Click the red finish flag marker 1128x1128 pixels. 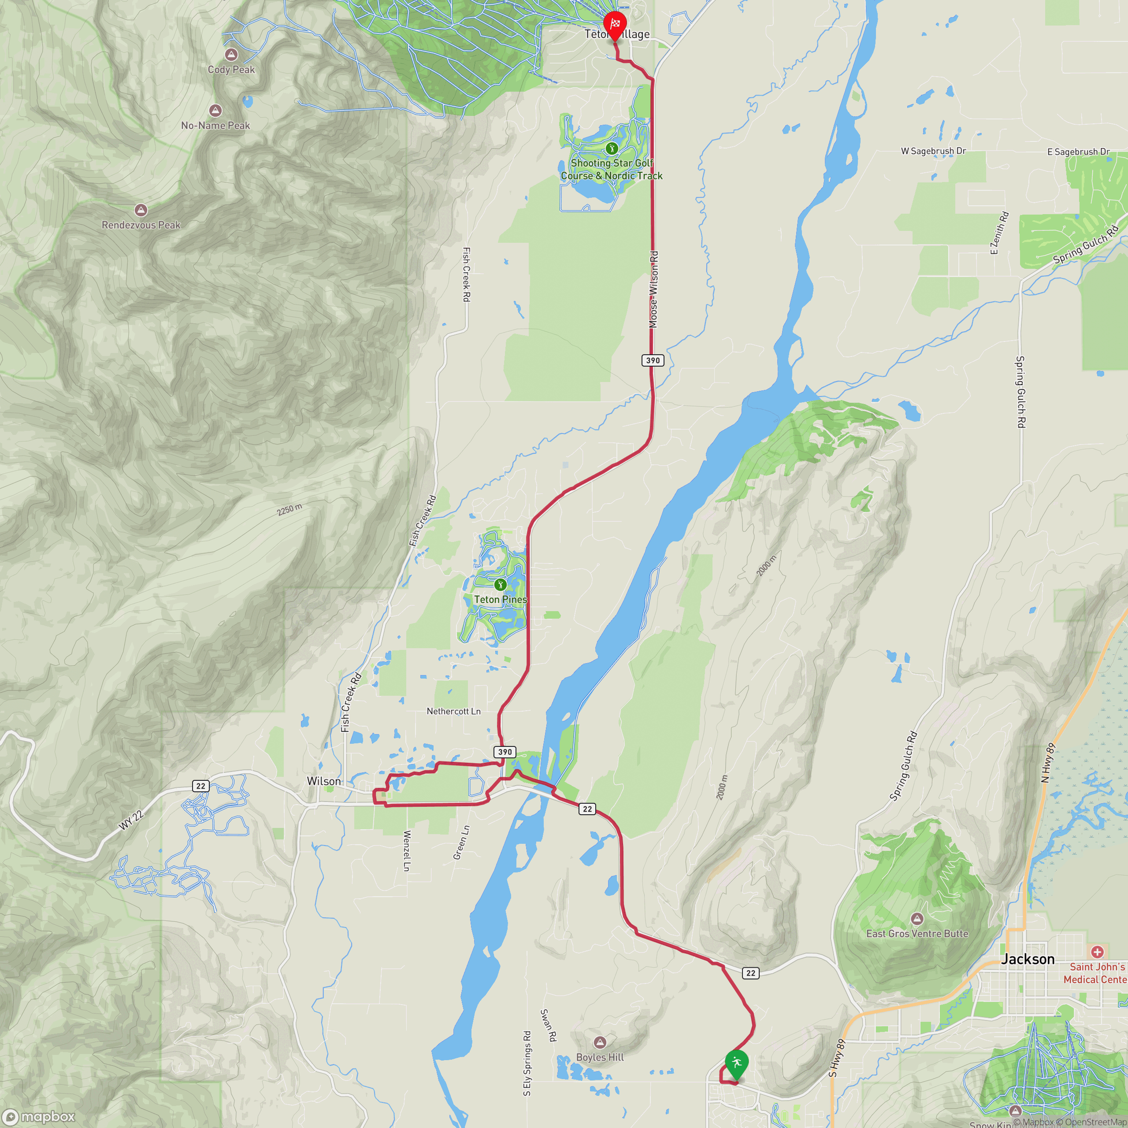point(614,25)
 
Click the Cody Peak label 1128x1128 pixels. point(231,70)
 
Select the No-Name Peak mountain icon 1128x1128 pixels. point(215,110)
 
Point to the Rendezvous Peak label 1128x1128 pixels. point(141,225)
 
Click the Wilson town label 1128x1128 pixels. point(323,781)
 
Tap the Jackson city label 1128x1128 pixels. point(1028,959)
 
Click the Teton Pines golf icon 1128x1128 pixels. point(500,584)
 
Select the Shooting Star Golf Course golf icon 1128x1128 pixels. point(611,148)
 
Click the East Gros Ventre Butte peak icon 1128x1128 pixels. point(917,919)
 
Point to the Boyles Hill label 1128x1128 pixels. point(600,1057)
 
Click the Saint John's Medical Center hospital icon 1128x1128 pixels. point(1097,952)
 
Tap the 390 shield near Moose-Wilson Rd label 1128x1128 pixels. point(653,360)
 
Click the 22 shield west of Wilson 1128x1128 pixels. point(201,786)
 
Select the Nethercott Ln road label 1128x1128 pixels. point(454,711)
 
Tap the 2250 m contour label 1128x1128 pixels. point(289,510)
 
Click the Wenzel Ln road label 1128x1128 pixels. point(407,851)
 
